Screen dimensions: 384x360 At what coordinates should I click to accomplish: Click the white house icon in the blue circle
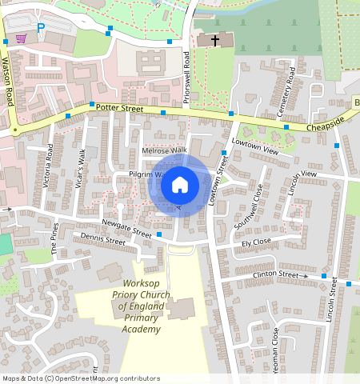point(180,186)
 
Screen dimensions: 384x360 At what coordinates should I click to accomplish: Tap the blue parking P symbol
point(41,27)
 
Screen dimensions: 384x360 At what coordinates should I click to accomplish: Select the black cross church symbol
point(213,39)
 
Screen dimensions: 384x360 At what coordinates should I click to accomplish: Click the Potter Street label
point(119,107)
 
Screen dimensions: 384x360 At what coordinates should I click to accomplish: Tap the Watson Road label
point(10,86)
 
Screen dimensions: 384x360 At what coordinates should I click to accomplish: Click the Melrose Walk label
point(163,150)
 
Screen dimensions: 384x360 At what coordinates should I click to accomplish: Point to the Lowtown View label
point(254,146)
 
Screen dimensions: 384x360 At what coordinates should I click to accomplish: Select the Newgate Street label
point(126,228)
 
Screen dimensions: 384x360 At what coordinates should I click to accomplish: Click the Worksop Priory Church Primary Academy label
point(138,306)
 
